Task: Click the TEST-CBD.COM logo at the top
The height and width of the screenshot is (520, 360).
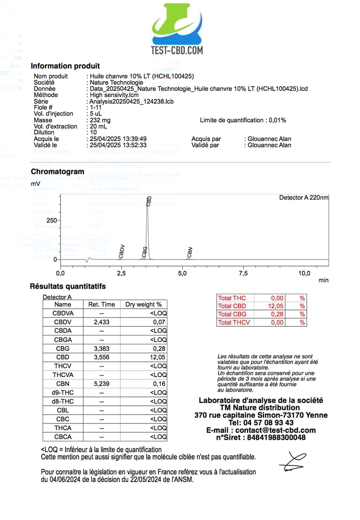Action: pos(177,29)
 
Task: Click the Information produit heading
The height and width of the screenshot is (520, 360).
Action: pos(65,66)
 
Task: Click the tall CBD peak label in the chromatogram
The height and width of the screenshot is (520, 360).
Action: pos(149,201)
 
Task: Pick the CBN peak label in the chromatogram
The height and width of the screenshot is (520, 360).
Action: pos(190,253)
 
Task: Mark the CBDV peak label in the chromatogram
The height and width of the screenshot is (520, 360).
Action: pos(122,252)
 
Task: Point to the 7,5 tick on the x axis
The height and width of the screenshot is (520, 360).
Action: pos(243,273)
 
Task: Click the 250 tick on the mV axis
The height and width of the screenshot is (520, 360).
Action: pos(52,220)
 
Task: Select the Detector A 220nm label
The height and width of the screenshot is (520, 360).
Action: pos(304,198)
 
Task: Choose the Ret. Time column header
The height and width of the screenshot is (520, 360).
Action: pos(101,305)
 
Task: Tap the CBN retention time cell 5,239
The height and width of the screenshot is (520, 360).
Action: pos(101,384)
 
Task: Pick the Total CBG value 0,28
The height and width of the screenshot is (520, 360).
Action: pos(277,314)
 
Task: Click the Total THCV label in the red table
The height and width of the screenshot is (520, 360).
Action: pos(234,322)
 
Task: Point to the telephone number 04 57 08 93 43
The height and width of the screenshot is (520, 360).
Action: pos(261,423)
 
